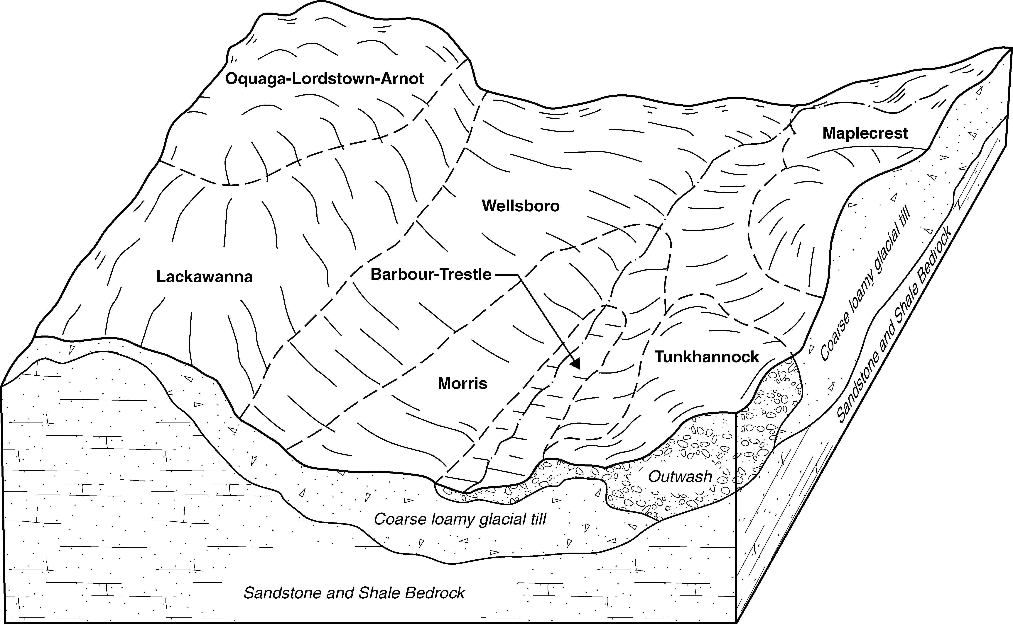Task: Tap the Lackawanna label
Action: (204, 277)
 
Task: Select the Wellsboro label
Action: (521, 206)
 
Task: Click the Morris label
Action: (462, 384)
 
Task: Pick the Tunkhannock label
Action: (707, 357)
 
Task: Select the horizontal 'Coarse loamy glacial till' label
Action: (460, 519)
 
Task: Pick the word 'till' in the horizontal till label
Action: (538, 519)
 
